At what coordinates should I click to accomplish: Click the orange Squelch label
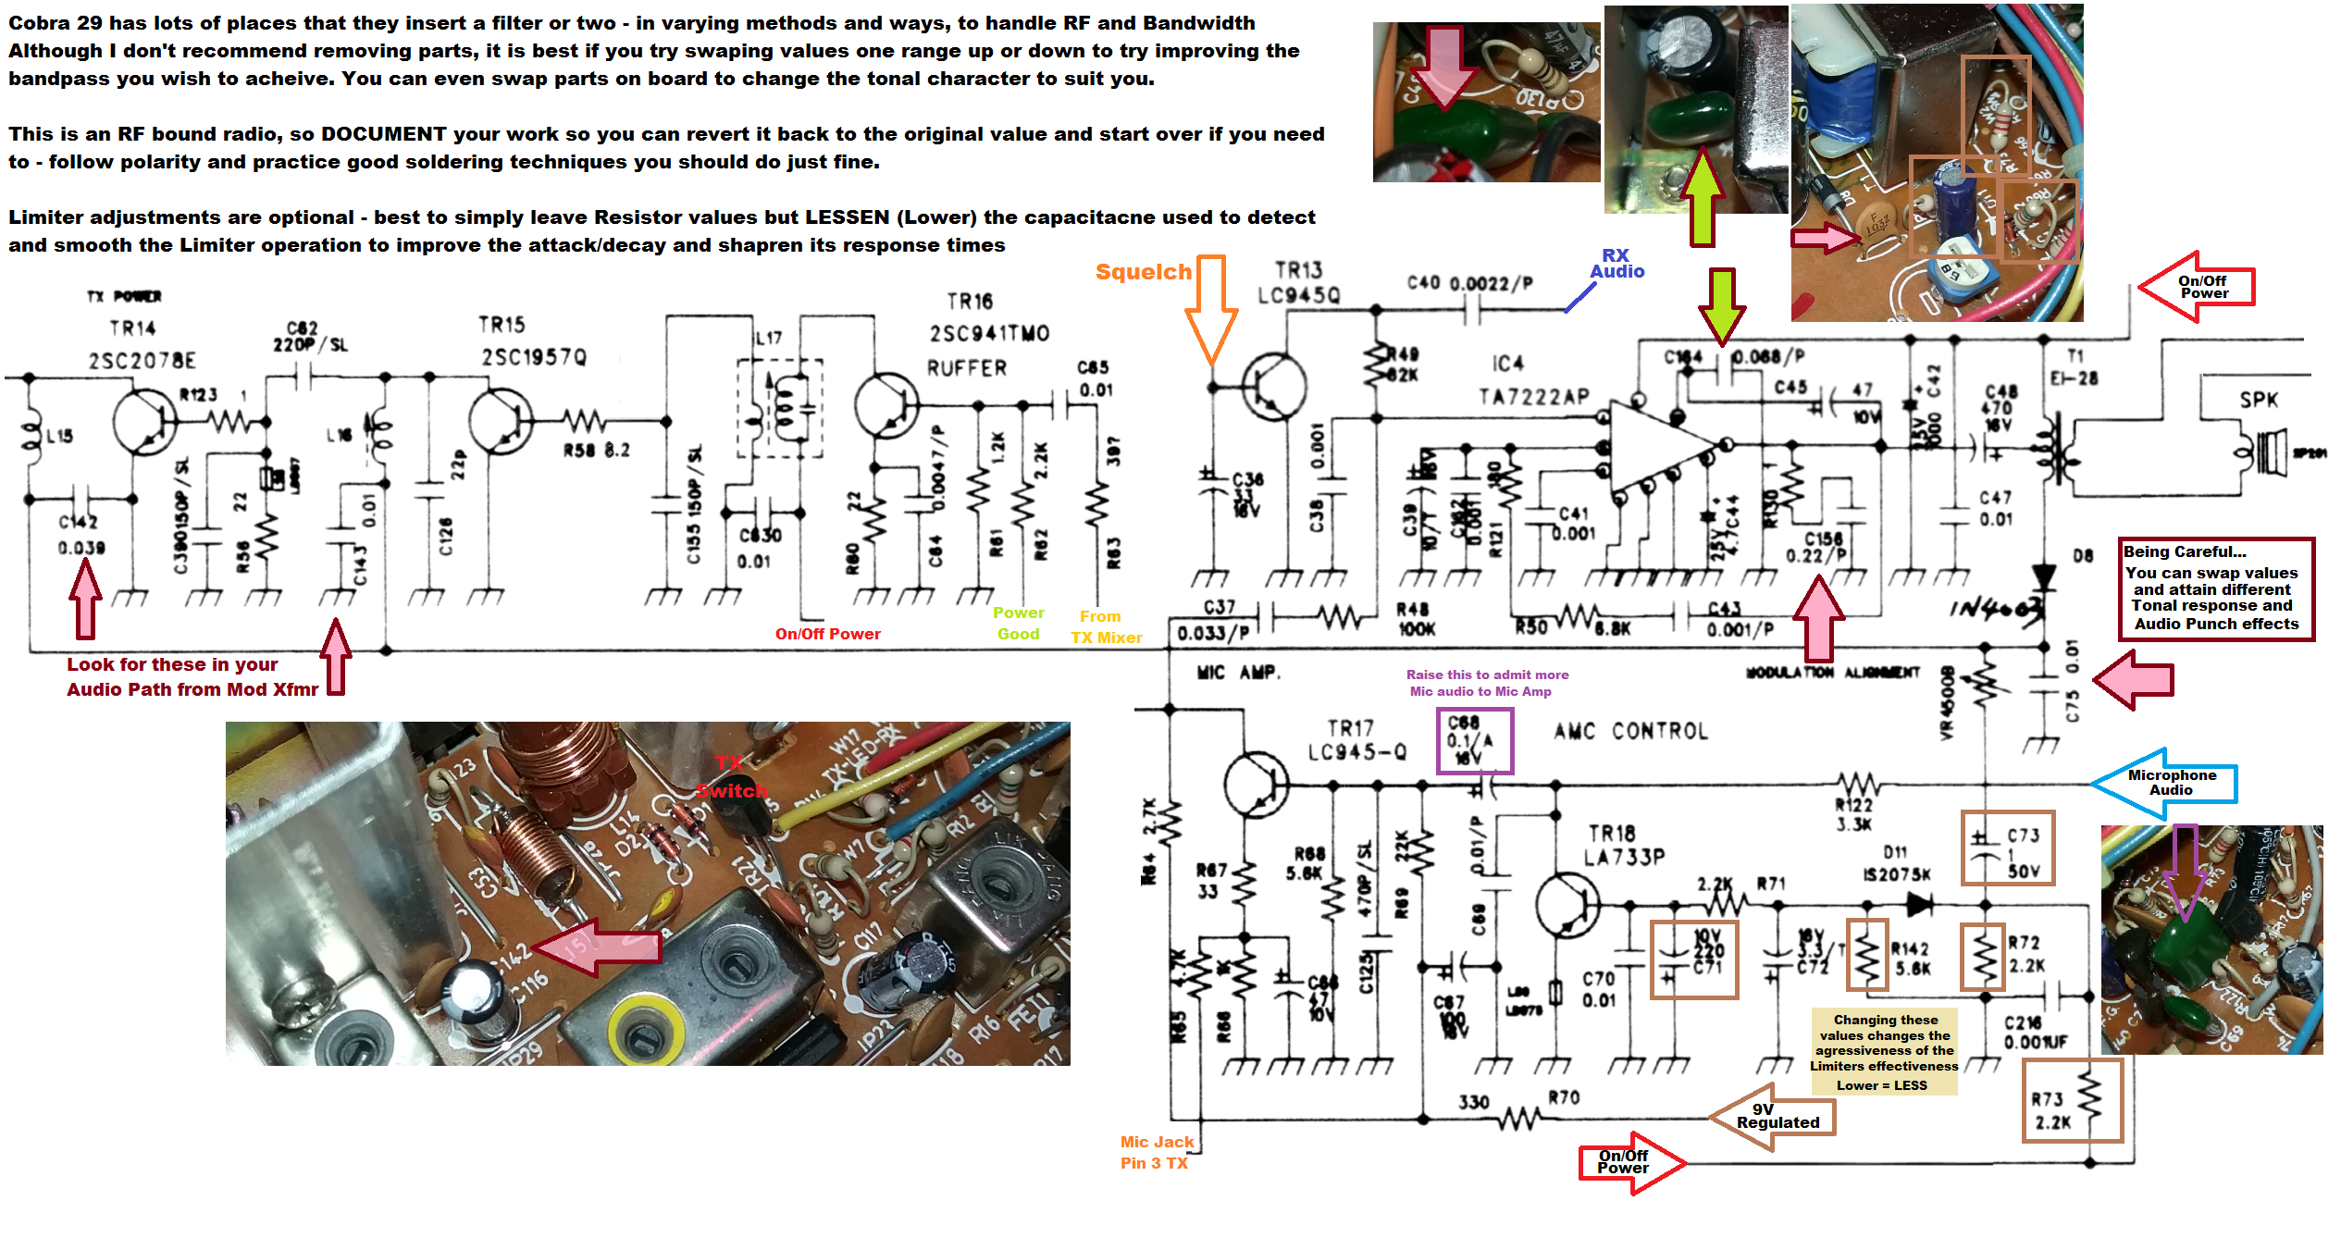tap(1143, 272)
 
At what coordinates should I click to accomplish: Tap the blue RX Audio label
tap(1616, 264)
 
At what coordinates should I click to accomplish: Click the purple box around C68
tap(1474, 740)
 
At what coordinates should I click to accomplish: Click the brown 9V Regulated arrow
tap(1772, 1117)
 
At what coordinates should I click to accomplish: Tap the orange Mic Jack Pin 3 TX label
tap(1156, 1153)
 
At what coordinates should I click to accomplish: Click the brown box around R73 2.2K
tap(2072, 1100)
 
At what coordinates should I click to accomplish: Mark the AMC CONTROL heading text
tap(1630, 732)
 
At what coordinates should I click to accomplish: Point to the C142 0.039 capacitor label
tap(81, 535)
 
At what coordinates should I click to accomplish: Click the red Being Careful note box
tap(2216, 588)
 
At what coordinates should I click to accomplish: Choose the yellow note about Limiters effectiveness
tap(1884, 1052)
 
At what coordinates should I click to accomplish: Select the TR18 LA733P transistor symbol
tap(1567, 904)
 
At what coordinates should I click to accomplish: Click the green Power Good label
tap(1018, 624)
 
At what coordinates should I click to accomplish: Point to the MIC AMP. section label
tap(1238, 673)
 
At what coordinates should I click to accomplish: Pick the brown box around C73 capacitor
tap(2007, 848)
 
